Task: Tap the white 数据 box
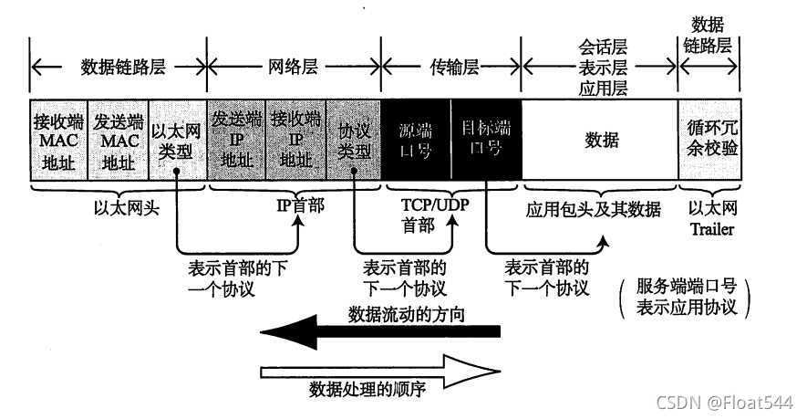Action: coord(600,141)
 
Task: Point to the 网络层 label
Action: coord(294,66)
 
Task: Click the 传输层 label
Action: coord(454,66)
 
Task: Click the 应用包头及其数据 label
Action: coord(593,209)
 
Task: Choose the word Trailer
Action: coord(712,229)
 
